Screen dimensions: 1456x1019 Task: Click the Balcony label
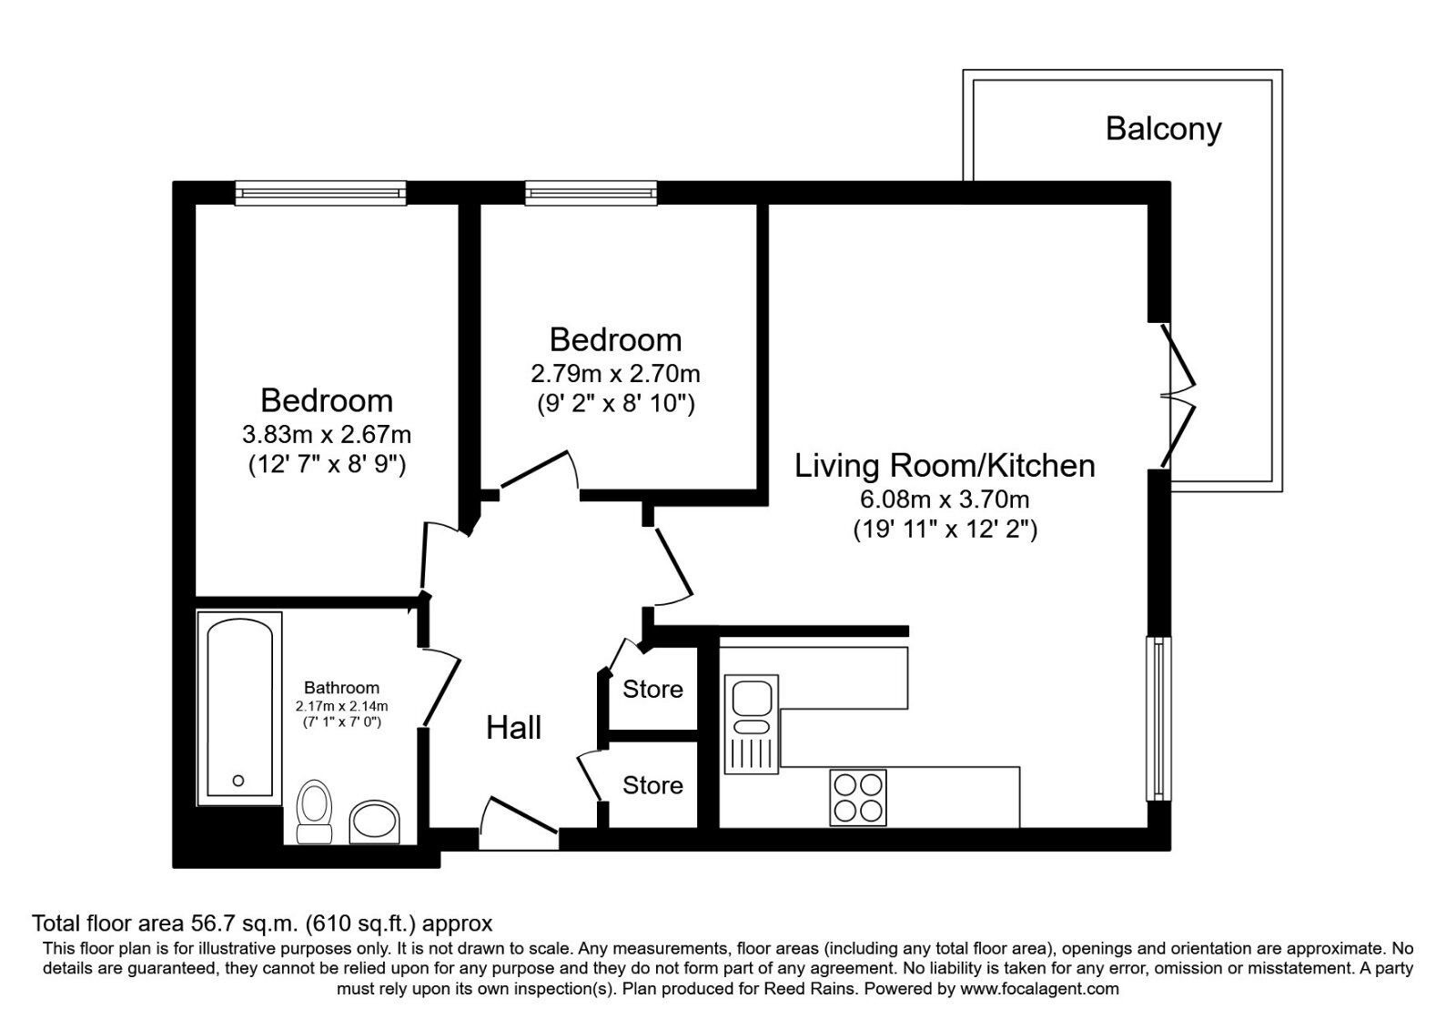(1163, 128)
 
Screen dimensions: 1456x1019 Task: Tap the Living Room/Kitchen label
(945, 466)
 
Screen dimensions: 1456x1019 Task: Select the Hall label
(513, 728)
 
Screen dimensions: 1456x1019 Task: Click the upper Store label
(652, 689)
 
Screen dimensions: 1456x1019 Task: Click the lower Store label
(652, 785)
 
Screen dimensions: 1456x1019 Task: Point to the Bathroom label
(341, 688)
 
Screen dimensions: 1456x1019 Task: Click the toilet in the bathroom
(314, 812)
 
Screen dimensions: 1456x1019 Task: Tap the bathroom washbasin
(374, 822)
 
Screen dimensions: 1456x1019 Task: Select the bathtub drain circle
(238, 781)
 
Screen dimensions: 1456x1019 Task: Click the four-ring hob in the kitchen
(858, 798)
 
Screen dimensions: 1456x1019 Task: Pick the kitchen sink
(752, 724)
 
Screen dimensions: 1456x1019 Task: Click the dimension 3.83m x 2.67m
(327, 434)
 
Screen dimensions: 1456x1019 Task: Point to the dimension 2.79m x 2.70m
(615, 374)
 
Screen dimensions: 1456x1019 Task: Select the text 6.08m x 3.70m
(945, 499)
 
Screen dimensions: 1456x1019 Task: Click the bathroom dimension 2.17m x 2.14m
(341, 706)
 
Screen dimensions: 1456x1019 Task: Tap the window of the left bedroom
(320, 193)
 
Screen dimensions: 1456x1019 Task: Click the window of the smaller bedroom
(591, 193)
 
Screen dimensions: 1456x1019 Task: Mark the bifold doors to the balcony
(1177, 396)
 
